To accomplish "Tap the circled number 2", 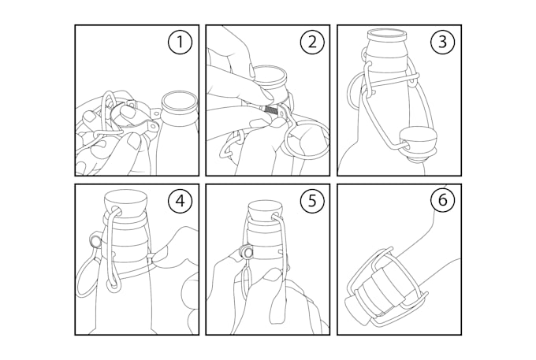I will [311, 43].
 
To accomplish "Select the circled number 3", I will [442, 43].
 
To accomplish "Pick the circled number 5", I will [311, 202].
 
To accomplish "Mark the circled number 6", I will [442, 202].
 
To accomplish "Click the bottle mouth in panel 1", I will [179, 102].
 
